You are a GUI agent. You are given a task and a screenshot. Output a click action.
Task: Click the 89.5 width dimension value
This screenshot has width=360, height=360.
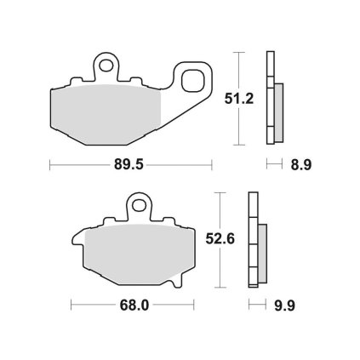point(129,164)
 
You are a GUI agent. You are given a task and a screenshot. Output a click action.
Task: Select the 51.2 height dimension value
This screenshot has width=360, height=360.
point(239,99)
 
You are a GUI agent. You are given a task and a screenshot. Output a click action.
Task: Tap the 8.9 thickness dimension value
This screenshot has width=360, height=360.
point(301,165)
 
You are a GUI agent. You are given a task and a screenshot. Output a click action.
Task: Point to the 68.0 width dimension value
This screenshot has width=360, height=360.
point(134,306)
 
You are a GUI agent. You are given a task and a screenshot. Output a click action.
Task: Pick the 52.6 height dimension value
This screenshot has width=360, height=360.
point(220,239)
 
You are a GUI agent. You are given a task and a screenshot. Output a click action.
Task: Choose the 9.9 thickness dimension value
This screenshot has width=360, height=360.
point(285,306)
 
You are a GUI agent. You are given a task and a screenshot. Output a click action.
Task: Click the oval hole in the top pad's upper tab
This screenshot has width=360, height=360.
point(106,66)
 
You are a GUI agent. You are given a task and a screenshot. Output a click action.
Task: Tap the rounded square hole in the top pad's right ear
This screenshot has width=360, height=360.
point(193,81)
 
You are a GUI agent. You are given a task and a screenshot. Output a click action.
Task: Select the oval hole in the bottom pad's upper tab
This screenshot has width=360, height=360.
point(139,205)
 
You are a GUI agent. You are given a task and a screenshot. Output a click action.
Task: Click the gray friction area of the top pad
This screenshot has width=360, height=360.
point(106,114)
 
